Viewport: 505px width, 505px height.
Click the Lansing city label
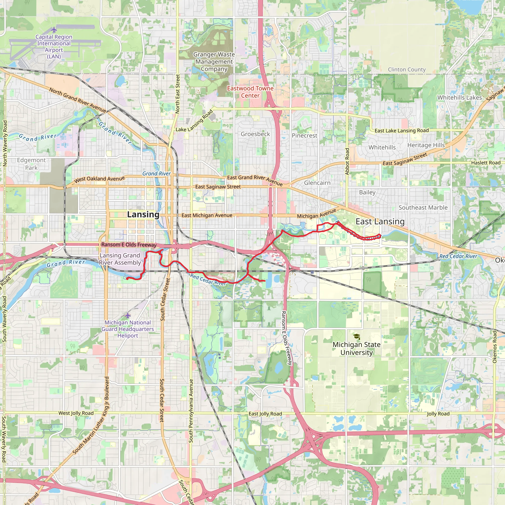143,215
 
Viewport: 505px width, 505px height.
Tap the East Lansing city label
380,222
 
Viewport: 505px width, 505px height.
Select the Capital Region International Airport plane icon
54,29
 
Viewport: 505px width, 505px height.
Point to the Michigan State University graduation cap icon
357,336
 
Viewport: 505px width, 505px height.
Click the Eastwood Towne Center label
250,92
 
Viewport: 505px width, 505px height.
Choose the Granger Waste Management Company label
214,62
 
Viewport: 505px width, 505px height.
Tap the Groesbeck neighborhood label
255,134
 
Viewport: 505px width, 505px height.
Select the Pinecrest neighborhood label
305,136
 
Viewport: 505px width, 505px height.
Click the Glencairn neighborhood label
317,183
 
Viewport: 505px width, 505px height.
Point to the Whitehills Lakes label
460,97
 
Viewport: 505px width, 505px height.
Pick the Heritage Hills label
426,145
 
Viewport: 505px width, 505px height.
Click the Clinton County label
407,70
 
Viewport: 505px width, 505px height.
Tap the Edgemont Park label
31,164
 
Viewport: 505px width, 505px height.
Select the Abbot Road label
347,161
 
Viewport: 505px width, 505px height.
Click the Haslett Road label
486,162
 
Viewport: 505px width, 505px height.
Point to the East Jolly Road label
265,414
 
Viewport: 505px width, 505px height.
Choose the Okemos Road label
495,347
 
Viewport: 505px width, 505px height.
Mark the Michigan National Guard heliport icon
127,315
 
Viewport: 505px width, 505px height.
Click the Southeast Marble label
423,208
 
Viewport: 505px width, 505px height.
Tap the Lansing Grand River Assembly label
120,259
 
